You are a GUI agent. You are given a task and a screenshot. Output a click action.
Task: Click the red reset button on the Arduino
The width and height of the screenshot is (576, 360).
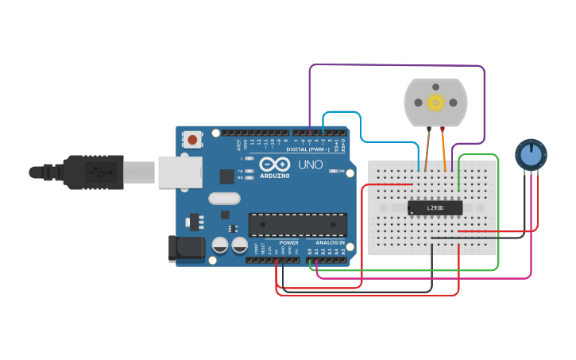[x=193, y=140]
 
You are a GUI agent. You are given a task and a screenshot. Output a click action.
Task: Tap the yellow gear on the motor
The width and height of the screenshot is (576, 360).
[x=435, y=102]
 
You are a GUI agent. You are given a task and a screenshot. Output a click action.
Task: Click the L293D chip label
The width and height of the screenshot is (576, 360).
[x=435, y=208]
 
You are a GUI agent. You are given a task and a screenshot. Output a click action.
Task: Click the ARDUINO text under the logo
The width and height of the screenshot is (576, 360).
[x=275, y=176]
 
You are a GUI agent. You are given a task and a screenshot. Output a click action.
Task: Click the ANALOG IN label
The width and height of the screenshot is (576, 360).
[x=331, y=242]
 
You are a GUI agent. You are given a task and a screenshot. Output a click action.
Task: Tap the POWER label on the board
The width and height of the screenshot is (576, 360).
[x=289, y=242]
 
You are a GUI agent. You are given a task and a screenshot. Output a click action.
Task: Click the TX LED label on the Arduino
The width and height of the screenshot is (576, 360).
[x=241, y=171]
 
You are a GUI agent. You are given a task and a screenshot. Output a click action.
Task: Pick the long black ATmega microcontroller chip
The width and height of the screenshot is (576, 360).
[x=298, y=225]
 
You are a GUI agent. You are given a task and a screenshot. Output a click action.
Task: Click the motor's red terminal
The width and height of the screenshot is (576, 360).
[x=443, y=128]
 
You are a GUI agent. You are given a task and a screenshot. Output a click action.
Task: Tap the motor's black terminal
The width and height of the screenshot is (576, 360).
[x=429, y=128]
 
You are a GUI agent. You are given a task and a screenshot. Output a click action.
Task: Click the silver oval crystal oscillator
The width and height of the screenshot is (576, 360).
[x=224, y=199]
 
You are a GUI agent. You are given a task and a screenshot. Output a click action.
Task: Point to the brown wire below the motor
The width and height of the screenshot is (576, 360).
[x=427, y=151]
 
